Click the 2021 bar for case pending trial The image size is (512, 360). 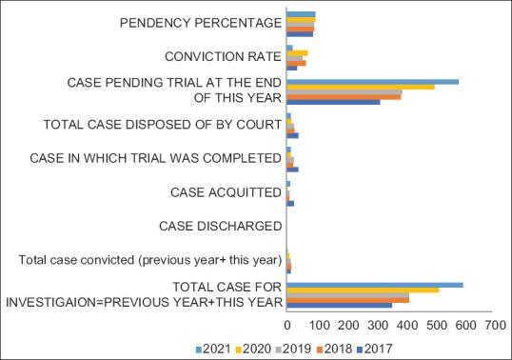[372, 81]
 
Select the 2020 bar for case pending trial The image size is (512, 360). [360, 87]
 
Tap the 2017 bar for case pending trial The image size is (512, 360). [333, 101]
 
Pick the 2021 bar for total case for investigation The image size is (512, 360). [374, 284]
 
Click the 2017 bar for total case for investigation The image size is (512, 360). [339, 305]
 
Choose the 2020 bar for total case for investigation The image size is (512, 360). [363, 290]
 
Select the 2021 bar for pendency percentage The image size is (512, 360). [301, 15]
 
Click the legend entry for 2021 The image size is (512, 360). [214, 348]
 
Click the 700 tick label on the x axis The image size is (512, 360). [494, 325]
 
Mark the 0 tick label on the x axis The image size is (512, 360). [286, 325]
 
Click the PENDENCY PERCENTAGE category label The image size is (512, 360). [201, 22]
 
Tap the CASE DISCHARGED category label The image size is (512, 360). [220, 226]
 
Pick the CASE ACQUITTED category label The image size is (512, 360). [226, 192]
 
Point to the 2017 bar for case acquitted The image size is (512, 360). [290, 204]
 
